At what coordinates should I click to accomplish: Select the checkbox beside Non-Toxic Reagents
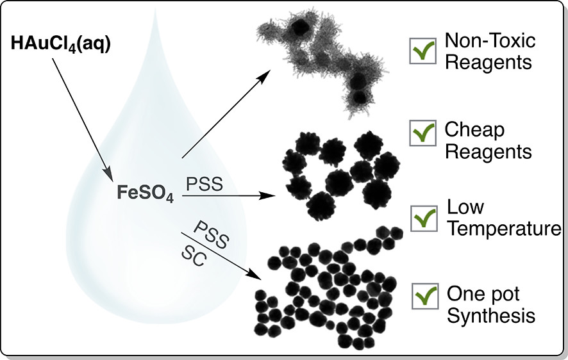pos(423,52)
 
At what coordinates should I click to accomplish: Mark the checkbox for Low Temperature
pos(423,217)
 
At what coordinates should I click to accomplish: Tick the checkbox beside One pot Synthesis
pos(423,295)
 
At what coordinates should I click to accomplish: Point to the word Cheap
pos(474,131)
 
